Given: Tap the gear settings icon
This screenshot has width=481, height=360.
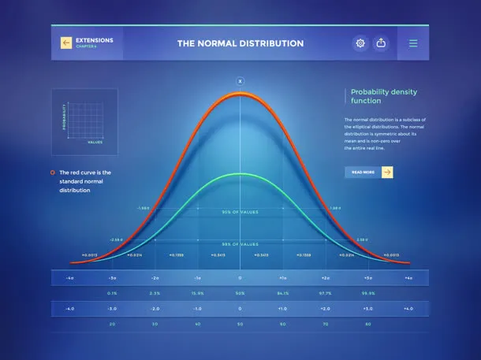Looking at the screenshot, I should pos(360,43).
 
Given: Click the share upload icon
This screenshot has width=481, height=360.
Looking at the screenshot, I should pos(382,43).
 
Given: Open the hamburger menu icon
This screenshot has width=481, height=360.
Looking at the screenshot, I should pos(413,43).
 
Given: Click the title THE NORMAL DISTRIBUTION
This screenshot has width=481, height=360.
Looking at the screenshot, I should pos(240,43).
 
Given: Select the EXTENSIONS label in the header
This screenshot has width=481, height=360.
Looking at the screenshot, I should pos(94,39).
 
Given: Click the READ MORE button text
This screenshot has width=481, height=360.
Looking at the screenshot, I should pos(363,172).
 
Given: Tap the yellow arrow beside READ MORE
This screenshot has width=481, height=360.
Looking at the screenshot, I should pos(387,172).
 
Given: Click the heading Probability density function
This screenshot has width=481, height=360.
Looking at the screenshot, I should pos(377,96).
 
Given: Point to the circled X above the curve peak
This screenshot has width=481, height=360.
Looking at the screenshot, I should pos(240,81).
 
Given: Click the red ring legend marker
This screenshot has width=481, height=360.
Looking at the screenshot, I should pos(52,172).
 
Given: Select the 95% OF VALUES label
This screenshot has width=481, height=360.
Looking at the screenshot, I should pos(240,213).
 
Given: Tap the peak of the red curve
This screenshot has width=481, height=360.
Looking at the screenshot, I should pos(240,95).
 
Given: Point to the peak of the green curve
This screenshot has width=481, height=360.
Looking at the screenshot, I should pos(240,174).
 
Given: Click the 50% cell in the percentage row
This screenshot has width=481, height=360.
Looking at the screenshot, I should pos(240,292).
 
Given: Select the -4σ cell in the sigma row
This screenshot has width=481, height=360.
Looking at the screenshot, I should pos(70,278).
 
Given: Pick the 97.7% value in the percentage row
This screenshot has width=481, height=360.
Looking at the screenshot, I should pos(324,292).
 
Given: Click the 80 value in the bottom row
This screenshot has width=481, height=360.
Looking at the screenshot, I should pos(367,323).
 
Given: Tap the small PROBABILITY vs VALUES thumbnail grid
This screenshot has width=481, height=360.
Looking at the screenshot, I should pos(84,121).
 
